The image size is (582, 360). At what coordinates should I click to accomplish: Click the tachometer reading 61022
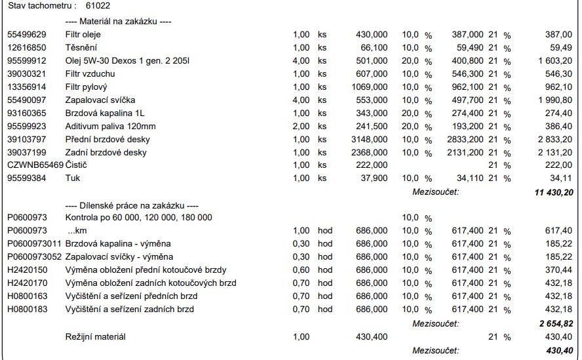(98, 5)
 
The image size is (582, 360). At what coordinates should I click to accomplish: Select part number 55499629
(26, 34)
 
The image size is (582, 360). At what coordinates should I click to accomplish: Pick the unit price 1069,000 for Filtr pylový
(369, 87)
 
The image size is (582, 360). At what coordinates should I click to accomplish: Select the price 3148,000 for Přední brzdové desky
(369, 139)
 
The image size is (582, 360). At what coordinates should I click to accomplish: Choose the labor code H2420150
(27, 270)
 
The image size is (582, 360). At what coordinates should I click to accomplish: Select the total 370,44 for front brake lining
(558, 270)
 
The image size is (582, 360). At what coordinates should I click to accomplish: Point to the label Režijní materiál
(96, 336)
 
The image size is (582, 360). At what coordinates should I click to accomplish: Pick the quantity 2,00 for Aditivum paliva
(301, 126)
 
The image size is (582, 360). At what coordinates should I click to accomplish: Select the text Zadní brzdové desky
(106, 152)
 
